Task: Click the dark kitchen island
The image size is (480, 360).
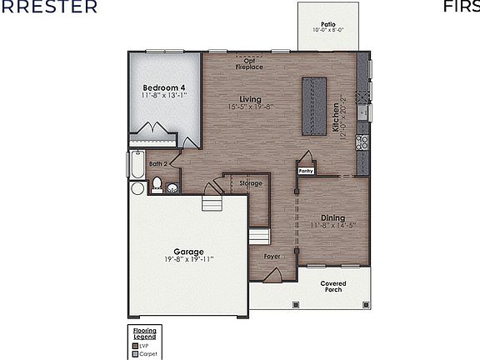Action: point(315,106)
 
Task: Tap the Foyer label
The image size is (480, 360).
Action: point(272,257)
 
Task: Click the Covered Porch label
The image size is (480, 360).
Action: point(333,287)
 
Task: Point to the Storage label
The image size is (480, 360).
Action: point(251,182)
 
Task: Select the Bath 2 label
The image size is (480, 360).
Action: point(159,164)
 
